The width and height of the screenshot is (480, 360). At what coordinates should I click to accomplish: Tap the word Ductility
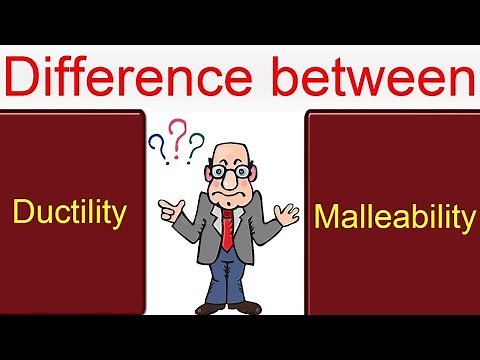pos(69,211)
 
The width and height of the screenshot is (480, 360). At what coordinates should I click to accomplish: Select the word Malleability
pos(394,216)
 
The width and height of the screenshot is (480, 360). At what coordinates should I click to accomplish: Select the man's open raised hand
pos(288,212)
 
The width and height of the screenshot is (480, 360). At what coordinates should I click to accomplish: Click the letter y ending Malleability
pos(466,220)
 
